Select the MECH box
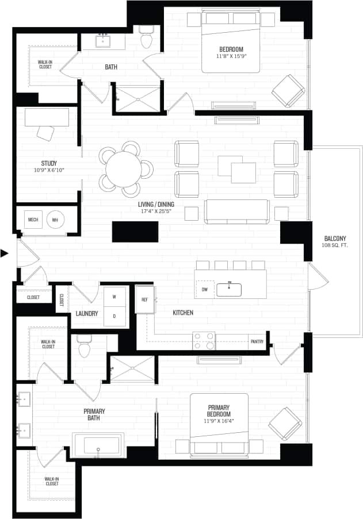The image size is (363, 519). point(33,220)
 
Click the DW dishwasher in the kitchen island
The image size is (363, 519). point(204,289)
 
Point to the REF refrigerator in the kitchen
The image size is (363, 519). point(145,299)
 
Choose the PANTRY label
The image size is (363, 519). point(257,341)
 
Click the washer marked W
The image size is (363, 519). point(114,297)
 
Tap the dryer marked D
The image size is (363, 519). point(114,316)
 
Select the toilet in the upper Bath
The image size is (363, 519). point(146,38)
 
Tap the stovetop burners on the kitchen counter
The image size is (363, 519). point(203,341)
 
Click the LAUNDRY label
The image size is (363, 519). point(86,314)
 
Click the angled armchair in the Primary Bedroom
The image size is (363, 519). point(285,423)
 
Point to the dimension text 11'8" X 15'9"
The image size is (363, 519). point(231,56)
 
